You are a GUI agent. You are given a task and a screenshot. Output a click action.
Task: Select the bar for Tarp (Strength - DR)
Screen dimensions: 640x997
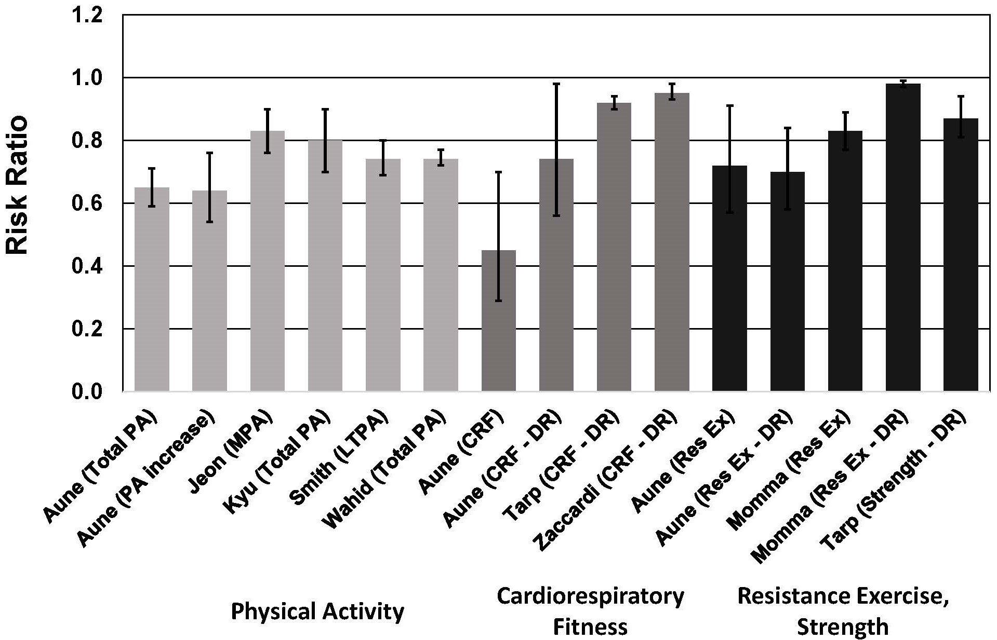pyautogui.click(x=961, y=254)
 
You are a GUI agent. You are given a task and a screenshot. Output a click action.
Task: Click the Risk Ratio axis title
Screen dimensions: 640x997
pyautogui.click(x=18, y=186)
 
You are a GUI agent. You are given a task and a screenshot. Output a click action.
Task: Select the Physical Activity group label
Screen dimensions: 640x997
pyautogui.click(x=317, y=611)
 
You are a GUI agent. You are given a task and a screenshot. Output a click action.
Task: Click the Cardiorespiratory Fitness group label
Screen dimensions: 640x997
pyautogui.click(x=590, y=611)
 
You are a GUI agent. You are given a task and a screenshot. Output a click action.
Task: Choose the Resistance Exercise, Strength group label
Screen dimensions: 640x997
pyautogui.click(x=843, y=611)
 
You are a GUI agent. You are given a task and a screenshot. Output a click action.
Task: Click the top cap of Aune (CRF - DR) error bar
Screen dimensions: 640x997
pyautogui.click(x=556, y=84)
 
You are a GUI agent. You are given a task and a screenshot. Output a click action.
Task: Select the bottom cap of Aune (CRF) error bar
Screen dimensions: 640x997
pyautogui.click(x=499, y=301)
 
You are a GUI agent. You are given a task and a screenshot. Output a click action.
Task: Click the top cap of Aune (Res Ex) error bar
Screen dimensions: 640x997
pyautogui.click(x=729, y=105)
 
